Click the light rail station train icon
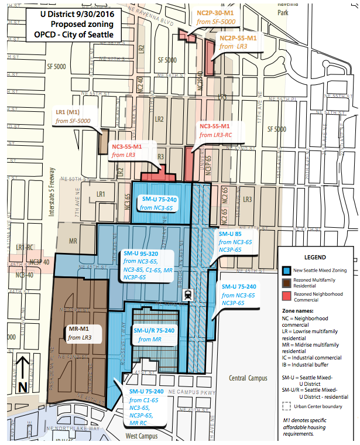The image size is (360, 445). tap(188, 294)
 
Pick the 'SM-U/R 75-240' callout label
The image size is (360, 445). tap(153, 330)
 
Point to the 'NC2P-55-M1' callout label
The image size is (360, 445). tap(238, 37)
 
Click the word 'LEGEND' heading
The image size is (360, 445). tap(315, 257)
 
